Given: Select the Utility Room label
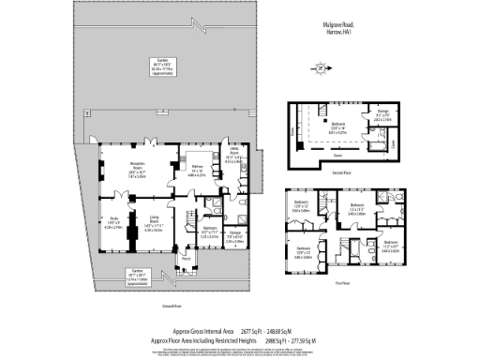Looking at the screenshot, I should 232,156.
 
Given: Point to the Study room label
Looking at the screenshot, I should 112,222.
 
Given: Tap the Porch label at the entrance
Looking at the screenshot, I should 186,259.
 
